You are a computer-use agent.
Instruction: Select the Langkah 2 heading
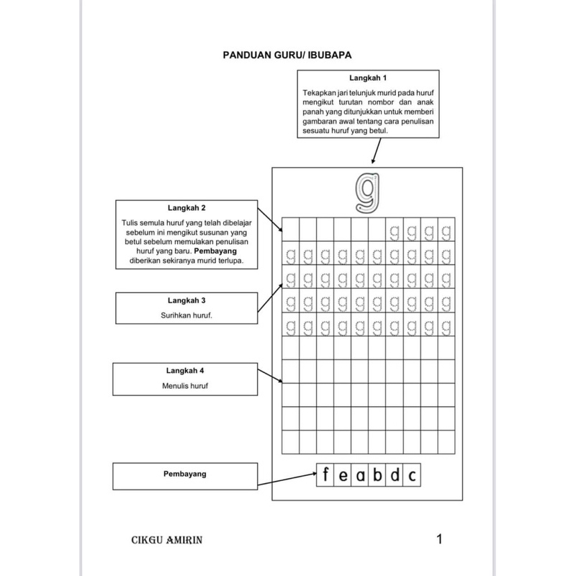186,207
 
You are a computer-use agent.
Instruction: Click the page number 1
440,539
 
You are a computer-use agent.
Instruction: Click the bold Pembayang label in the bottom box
186,474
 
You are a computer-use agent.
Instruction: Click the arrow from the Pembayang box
288,480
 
